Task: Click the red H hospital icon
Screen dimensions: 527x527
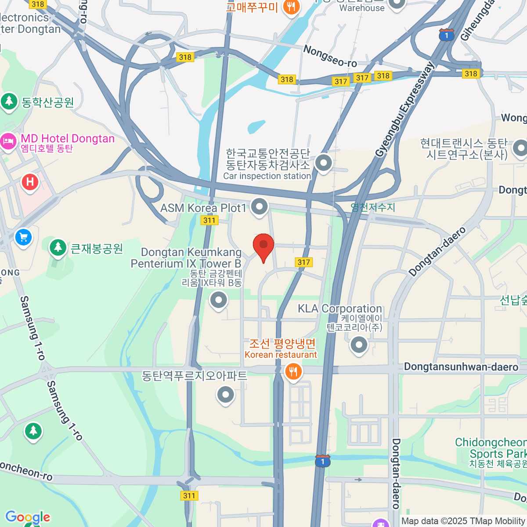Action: (30, 181)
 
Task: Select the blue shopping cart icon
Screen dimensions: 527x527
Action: (23, 238)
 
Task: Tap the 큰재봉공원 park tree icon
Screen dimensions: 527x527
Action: (58, 248)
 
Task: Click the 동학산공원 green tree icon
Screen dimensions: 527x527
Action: (9, 101)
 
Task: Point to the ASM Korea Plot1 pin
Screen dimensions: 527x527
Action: (259, 206)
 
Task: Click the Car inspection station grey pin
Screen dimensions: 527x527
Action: (324, 163)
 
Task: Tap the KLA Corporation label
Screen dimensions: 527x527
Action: (340, 309)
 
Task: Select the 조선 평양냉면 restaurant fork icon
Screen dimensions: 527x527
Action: (293, 372)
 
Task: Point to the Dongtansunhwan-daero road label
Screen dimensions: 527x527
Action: (461, 367)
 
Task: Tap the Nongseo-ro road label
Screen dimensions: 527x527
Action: (330, 57)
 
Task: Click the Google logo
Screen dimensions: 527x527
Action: (28, 517)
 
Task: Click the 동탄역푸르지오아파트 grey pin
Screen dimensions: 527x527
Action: (225, 395)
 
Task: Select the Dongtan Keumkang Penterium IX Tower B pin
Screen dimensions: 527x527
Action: (218, 301)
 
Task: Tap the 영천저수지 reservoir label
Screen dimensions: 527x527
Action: (373, 207)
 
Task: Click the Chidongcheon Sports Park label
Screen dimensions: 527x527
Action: (491, 448)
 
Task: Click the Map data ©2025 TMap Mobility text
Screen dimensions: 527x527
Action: (463, 521)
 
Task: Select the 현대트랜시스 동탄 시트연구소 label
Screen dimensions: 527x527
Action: (466, 149)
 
